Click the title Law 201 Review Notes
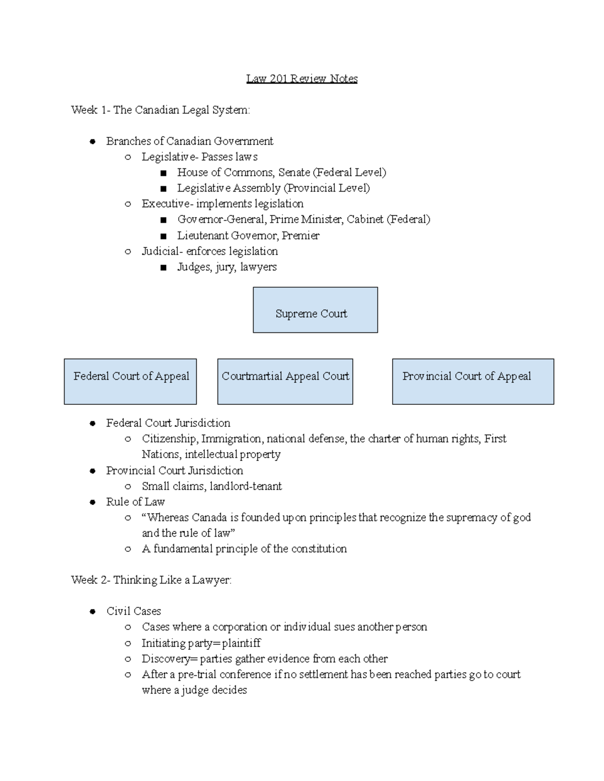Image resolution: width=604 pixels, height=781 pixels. [301, 78]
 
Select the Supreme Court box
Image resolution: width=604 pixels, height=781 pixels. [315, 310]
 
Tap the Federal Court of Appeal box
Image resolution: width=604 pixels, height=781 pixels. [130, 381]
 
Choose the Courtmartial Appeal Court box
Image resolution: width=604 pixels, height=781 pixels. [285, 381]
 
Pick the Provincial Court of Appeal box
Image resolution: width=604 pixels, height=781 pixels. [473, 381]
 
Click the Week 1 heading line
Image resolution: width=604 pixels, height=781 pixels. [160, 110]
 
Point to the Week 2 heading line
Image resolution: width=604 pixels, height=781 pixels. [151, 580]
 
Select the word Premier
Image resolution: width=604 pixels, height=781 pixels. [300, 235]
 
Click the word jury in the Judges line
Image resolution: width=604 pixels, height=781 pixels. [224, 267]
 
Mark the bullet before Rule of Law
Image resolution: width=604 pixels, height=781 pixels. [92, 502]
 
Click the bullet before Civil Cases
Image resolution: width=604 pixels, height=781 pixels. [92, 612]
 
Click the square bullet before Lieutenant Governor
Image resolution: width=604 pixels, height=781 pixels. [163, 236]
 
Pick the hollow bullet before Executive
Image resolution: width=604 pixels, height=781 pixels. [128, 204]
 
